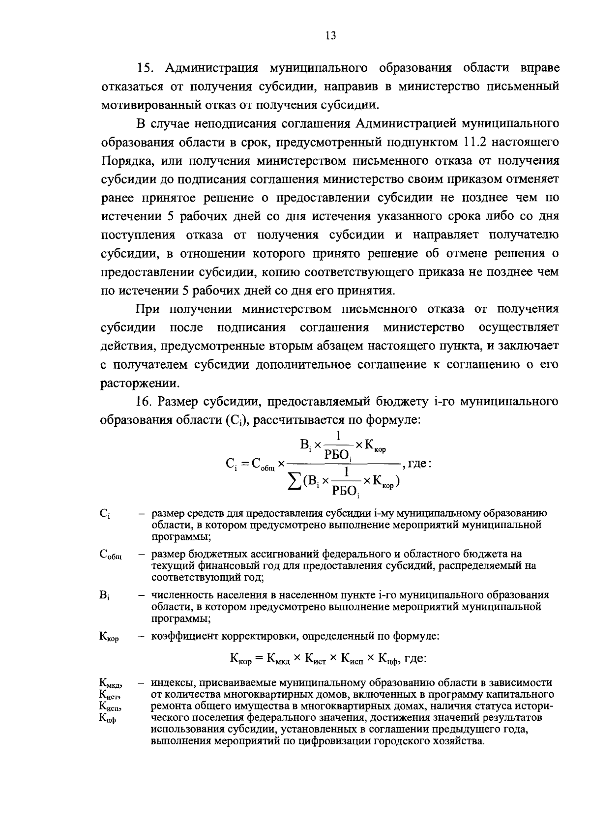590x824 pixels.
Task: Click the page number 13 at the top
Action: pos(330,35)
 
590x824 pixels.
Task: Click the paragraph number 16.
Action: pos(145,402)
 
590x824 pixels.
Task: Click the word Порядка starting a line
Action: pos(126,161)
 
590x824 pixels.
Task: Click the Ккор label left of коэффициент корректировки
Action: pos(109,638)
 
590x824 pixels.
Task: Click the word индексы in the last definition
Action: pos(171,683)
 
